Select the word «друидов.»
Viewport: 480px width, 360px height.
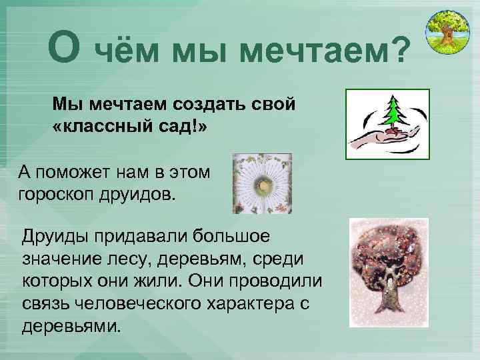[141, 195]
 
